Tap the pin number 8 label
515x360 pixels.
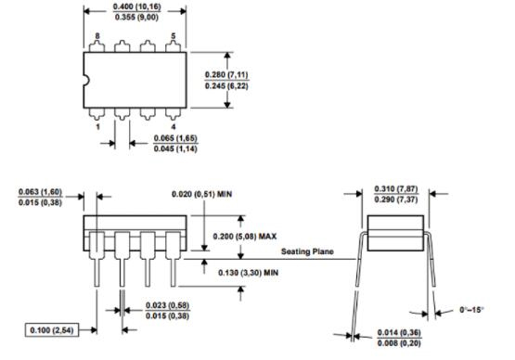click(97, 36)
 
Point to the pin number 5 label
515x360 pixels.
click(174, 36)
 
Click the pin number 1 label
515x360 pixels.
click(97, 126)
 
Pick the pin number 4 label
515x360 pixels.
click(174, 126)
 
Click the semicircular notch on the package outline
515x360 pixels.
click(87, 80)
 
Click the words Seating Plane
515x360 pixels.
click(307, 251)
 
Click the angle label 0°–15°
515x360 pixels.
click(471, 309)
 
